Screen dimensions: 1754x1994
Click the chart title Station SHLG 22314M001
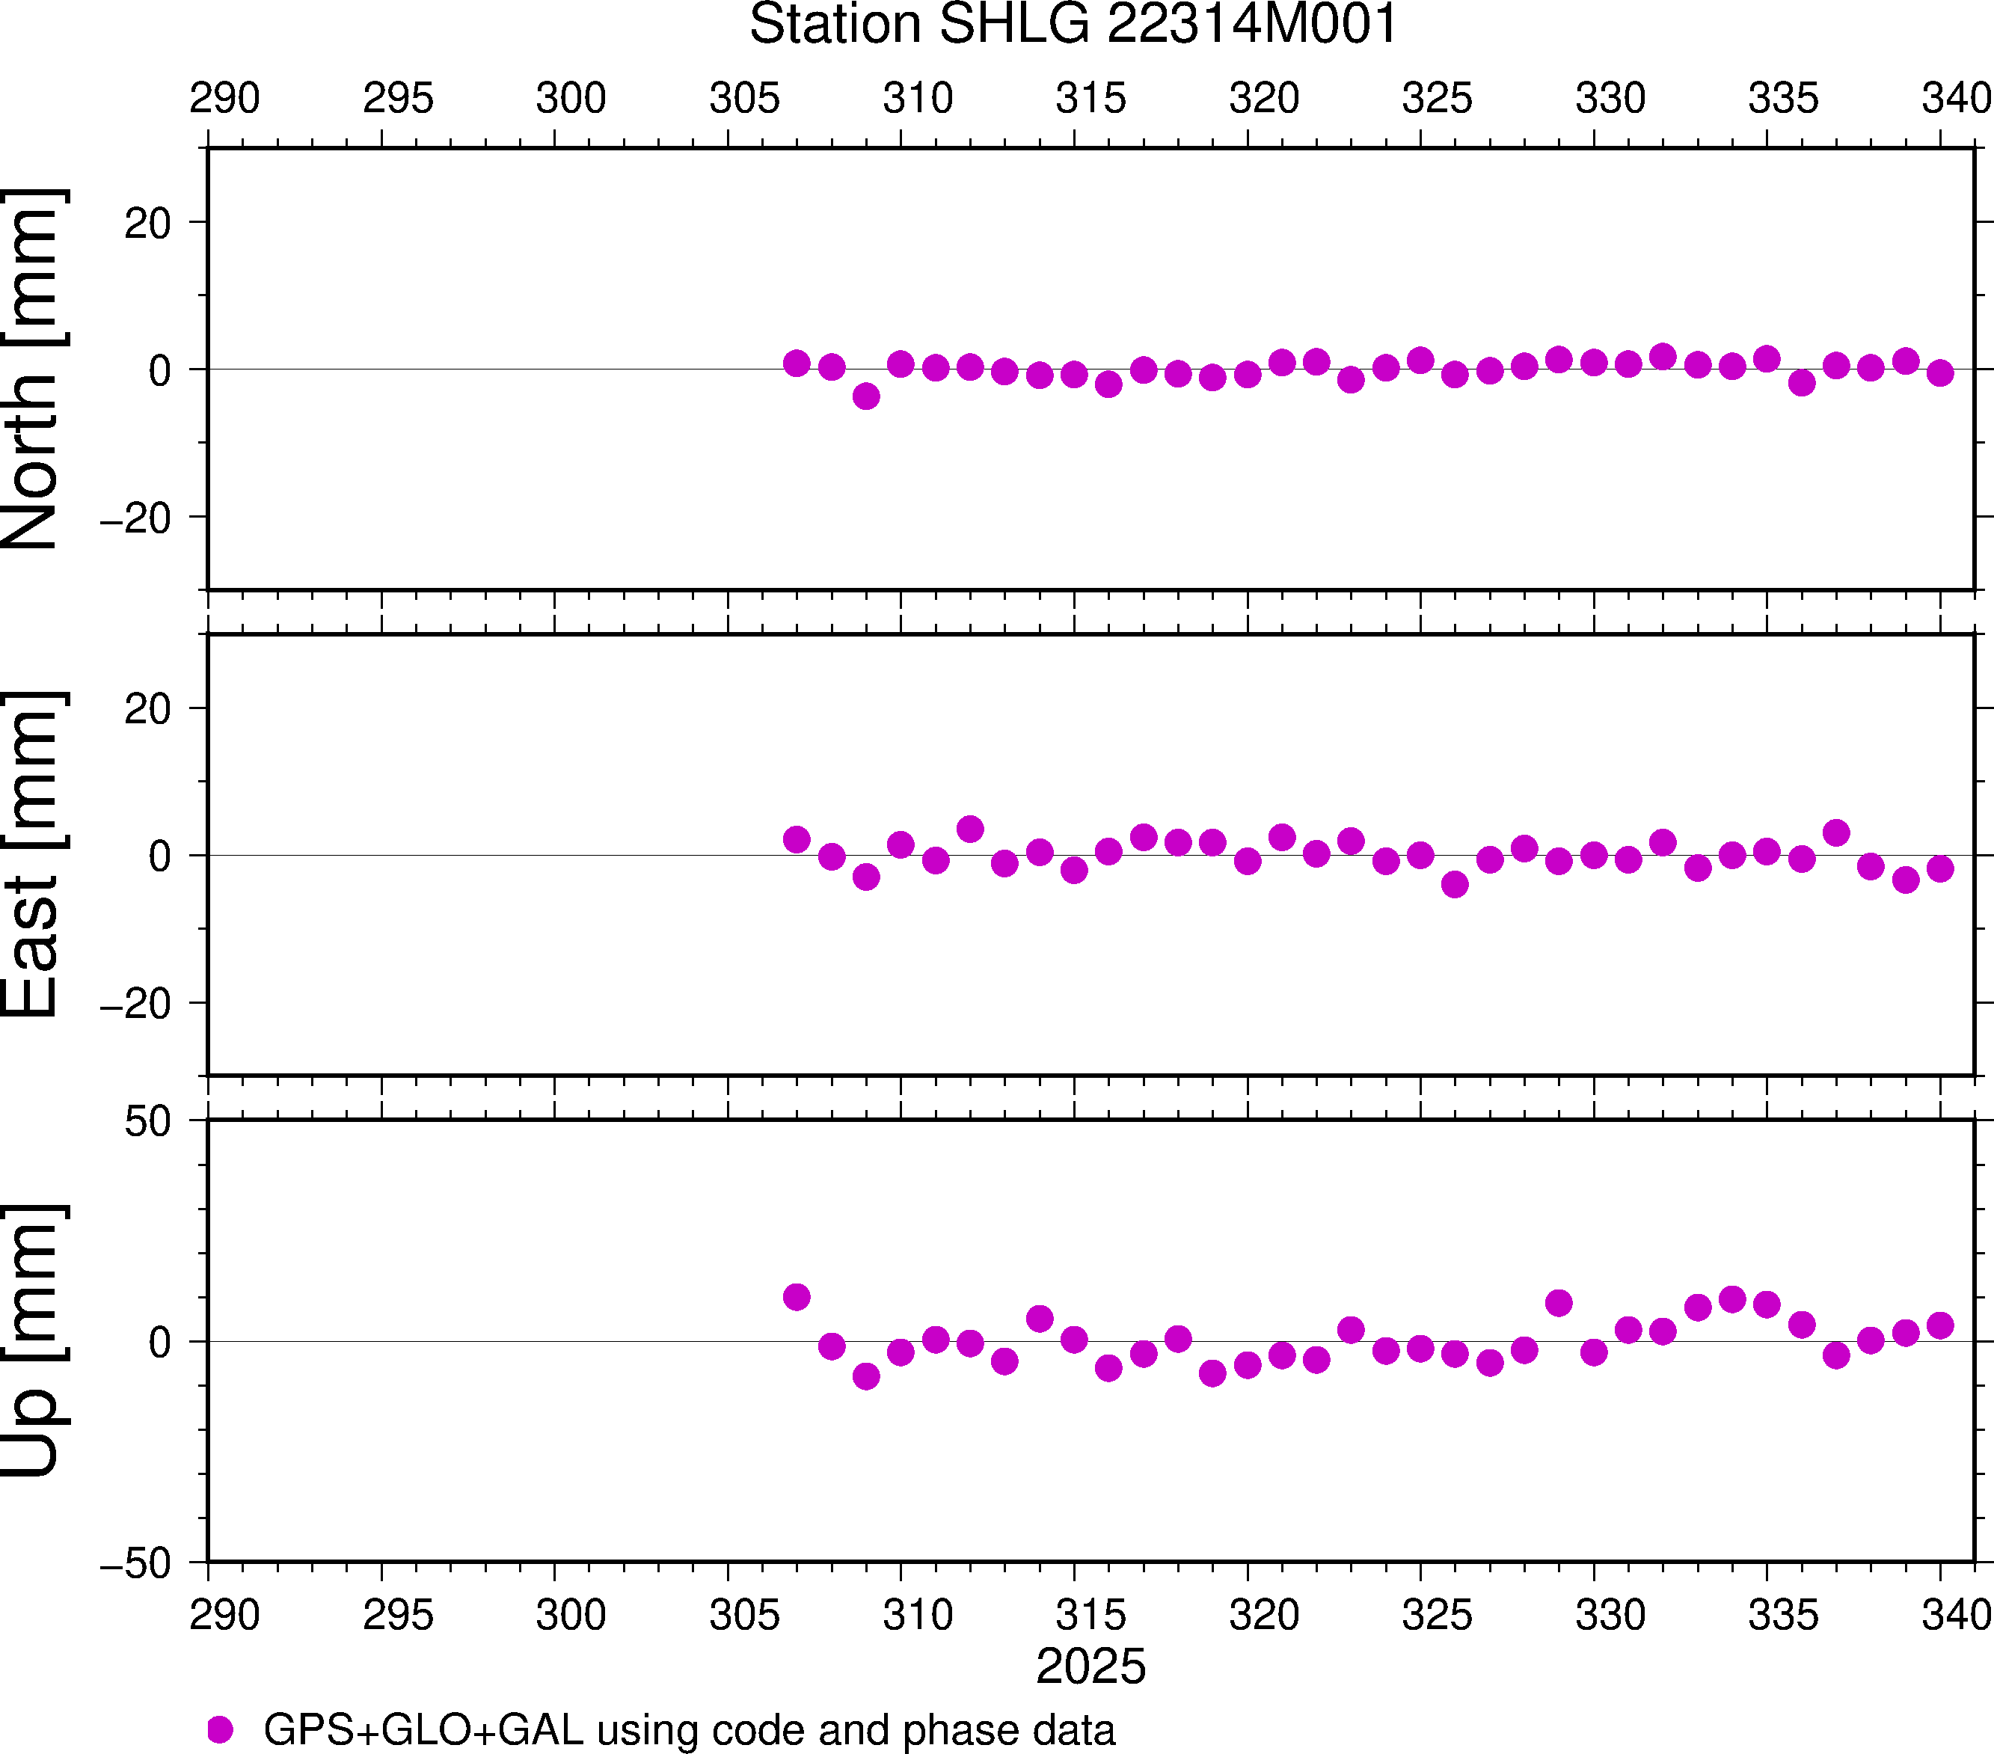tap(1073, 25)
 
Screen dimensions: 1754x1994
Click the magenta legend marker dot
tap(221, 1729)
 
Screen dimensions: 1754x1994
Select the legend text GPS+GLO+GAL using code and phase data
tap(689, 1729)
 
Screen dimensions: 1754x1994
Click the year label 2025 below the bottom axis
tap(1090, 1666)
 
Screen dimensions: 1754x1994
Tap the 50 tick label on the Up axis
tap(147, 1122)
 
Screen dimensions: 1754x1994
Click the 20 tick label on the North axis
tap(147, 224)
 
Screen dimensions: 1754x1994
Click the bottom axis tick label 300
tap(571, 1614)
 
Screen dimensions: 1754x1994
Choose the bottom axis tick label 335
tap(1783, 1614)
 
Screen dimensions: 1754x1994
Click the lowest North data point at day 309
tap(866, 396)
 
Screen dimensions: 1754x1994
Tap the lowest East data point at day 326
tap(1455, 884)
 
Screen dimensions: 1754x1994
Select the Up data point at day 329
tap(1559, 1302)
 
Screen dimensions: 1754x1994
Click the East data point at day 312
tap(969, 830)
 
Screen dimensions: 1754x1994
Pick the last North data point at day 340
tap(1940, 372)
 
